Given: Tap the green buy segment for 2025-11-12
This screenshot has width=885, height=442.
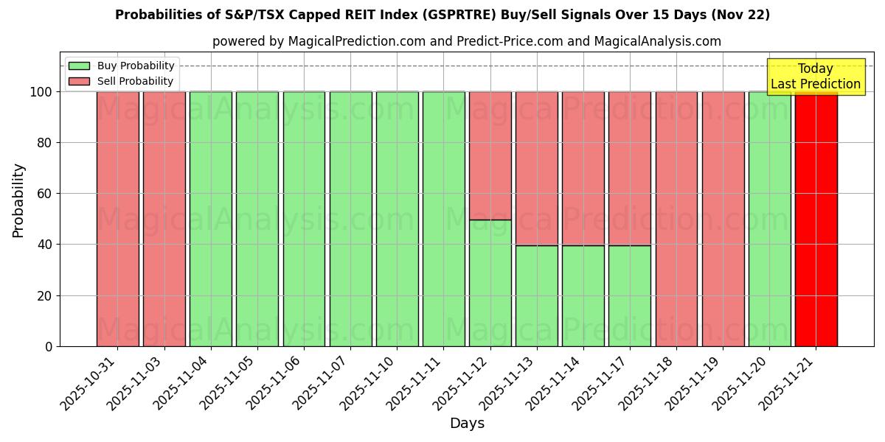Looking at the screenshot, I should (490, 283).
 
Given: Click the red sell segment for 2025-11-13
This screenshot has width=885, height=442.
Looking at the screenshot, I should (536, 169).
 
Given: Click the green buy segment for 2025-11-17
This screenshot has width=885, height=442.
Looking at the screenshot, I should (629, 295).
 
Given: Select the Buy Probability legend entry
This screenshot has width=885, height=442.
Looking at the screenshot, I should (122, 66).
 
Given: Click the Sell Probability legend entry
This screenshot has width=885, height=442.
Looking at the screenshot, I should (122, 81).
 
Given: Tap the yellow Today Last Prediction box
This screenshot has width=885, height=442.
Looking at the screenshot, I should (815, 77).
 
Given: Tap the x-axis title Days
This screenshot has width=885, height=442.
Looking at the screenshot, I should (467, 424).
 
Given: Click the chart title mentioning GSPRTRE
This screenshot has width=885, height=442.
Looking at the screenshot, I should (442, 15).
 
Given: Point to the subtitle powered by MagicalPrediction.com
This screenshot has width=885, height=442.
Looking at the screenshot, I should (467, 41).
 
